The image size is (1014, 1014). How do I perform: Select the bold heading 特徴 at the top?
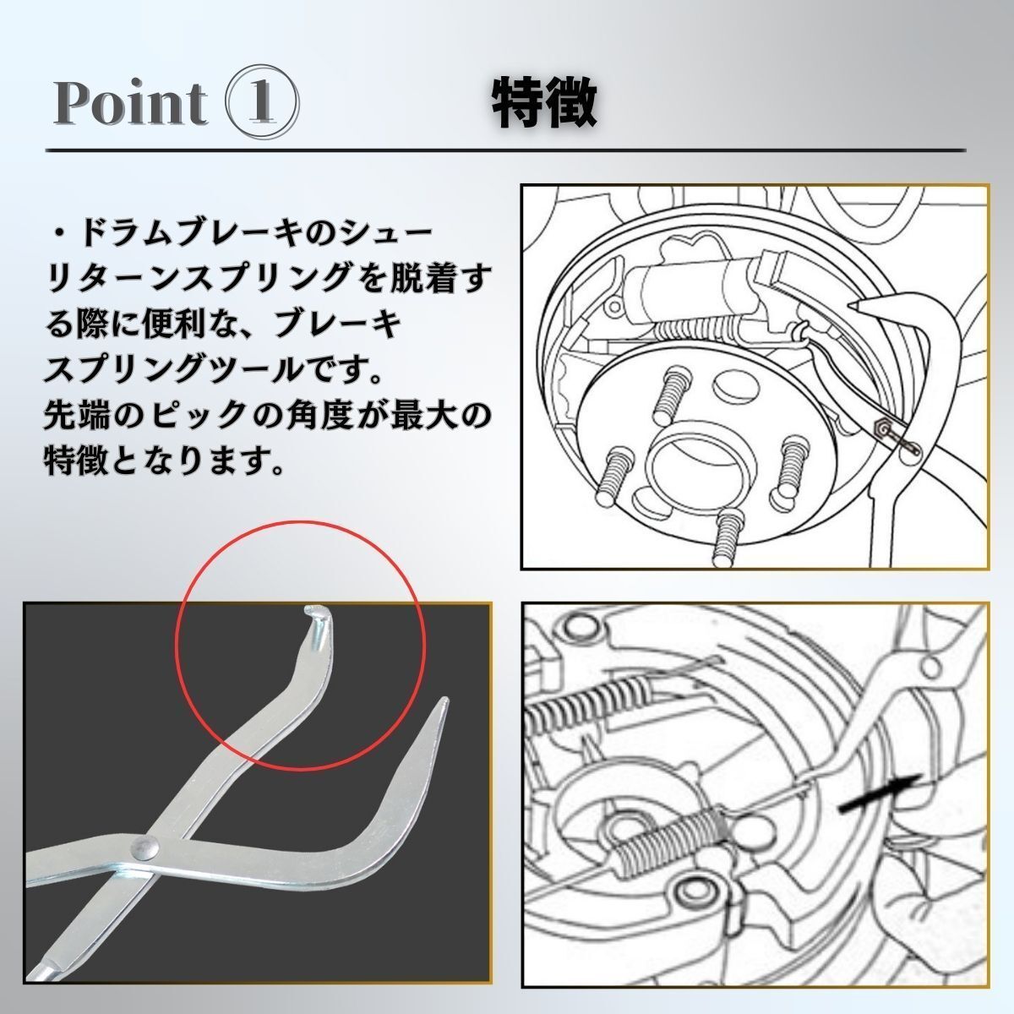545,104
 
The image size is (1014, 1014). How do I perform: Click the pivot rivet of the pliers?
149,844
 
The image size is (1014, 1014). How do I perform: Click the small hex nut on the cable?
881,428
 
